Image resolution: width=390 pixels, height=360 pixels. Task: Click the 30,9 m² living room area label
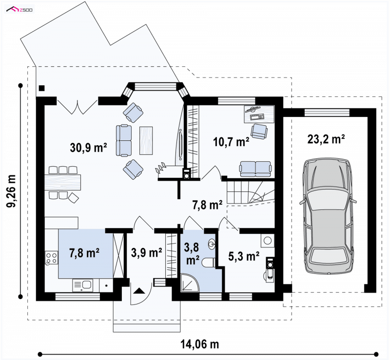(x=89, y=148)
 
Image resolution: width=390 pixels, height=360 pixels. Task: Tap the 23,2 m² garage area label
(x=326, y=139)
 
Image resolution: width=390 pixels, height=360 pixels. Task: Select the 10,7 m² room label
(x=231, y=142)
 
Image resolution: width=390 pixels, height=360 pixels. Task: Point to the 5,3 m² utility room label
(x=244, y=256)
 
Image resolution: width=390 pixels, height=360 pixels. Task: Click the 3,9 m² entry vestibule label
(x=147, y=253)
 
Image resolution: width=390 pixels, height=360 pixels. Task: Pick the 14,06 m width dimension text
(x=199, y=344)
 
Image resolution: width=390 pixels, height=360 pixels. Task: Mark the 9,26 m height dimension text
(x=11, y=190)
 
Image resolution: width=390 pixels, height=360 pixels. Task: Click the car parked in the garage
(x=328, y=216)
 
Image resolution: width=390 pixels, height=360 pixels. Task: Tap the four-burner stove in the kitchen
(x=51, y=258)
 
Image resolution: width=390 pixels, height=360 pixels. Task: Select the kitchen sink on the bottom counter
(x=82, y=285)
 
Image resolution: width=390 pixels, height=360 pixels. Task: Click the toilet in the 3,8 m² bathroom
(x=209, y=263)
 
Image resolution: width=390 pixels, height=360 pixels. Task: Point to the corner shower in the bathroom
(x=190, y=283)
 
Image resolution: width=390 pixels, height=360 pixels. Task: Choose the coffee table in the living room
(x=146, y=140)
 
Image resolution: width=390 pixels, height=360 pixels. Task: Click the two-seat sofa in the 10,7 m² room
(x=255, y=169)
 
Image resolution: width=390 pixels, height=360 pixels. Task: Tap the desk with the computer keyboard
(x=259, y=114)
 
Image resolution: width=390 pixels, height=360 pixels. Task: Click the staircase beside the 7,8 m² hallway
(x=250, y=193)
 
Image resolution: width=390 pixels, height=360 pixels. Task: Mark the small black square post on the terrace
(x=41, y=88)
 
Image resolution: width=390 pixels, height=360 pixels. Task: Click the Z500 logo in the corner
(x=19, y=10)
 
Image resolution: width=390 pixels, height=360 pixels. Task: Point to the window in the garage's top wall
(x=327, y=113)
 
